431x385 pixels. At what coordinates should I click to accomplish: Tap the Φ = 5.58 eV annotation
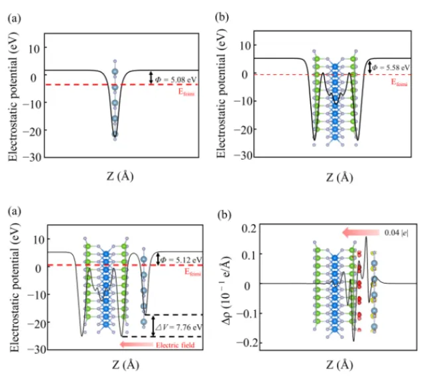pyautogui.click(x=391, y=67)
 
